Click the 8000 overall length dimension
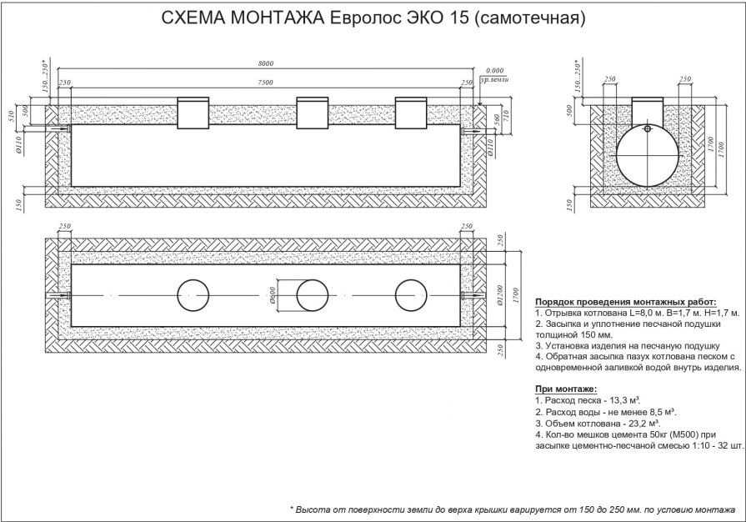[266, 63]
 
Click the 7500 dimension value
[266, 83]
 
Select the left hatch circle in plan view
[193, 296]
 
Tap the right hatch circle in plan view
[410, 296]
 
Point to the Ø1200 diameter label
[498, 296]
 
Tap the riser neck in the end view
[647, 109]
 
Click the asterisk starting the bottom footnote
[293, 509]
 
